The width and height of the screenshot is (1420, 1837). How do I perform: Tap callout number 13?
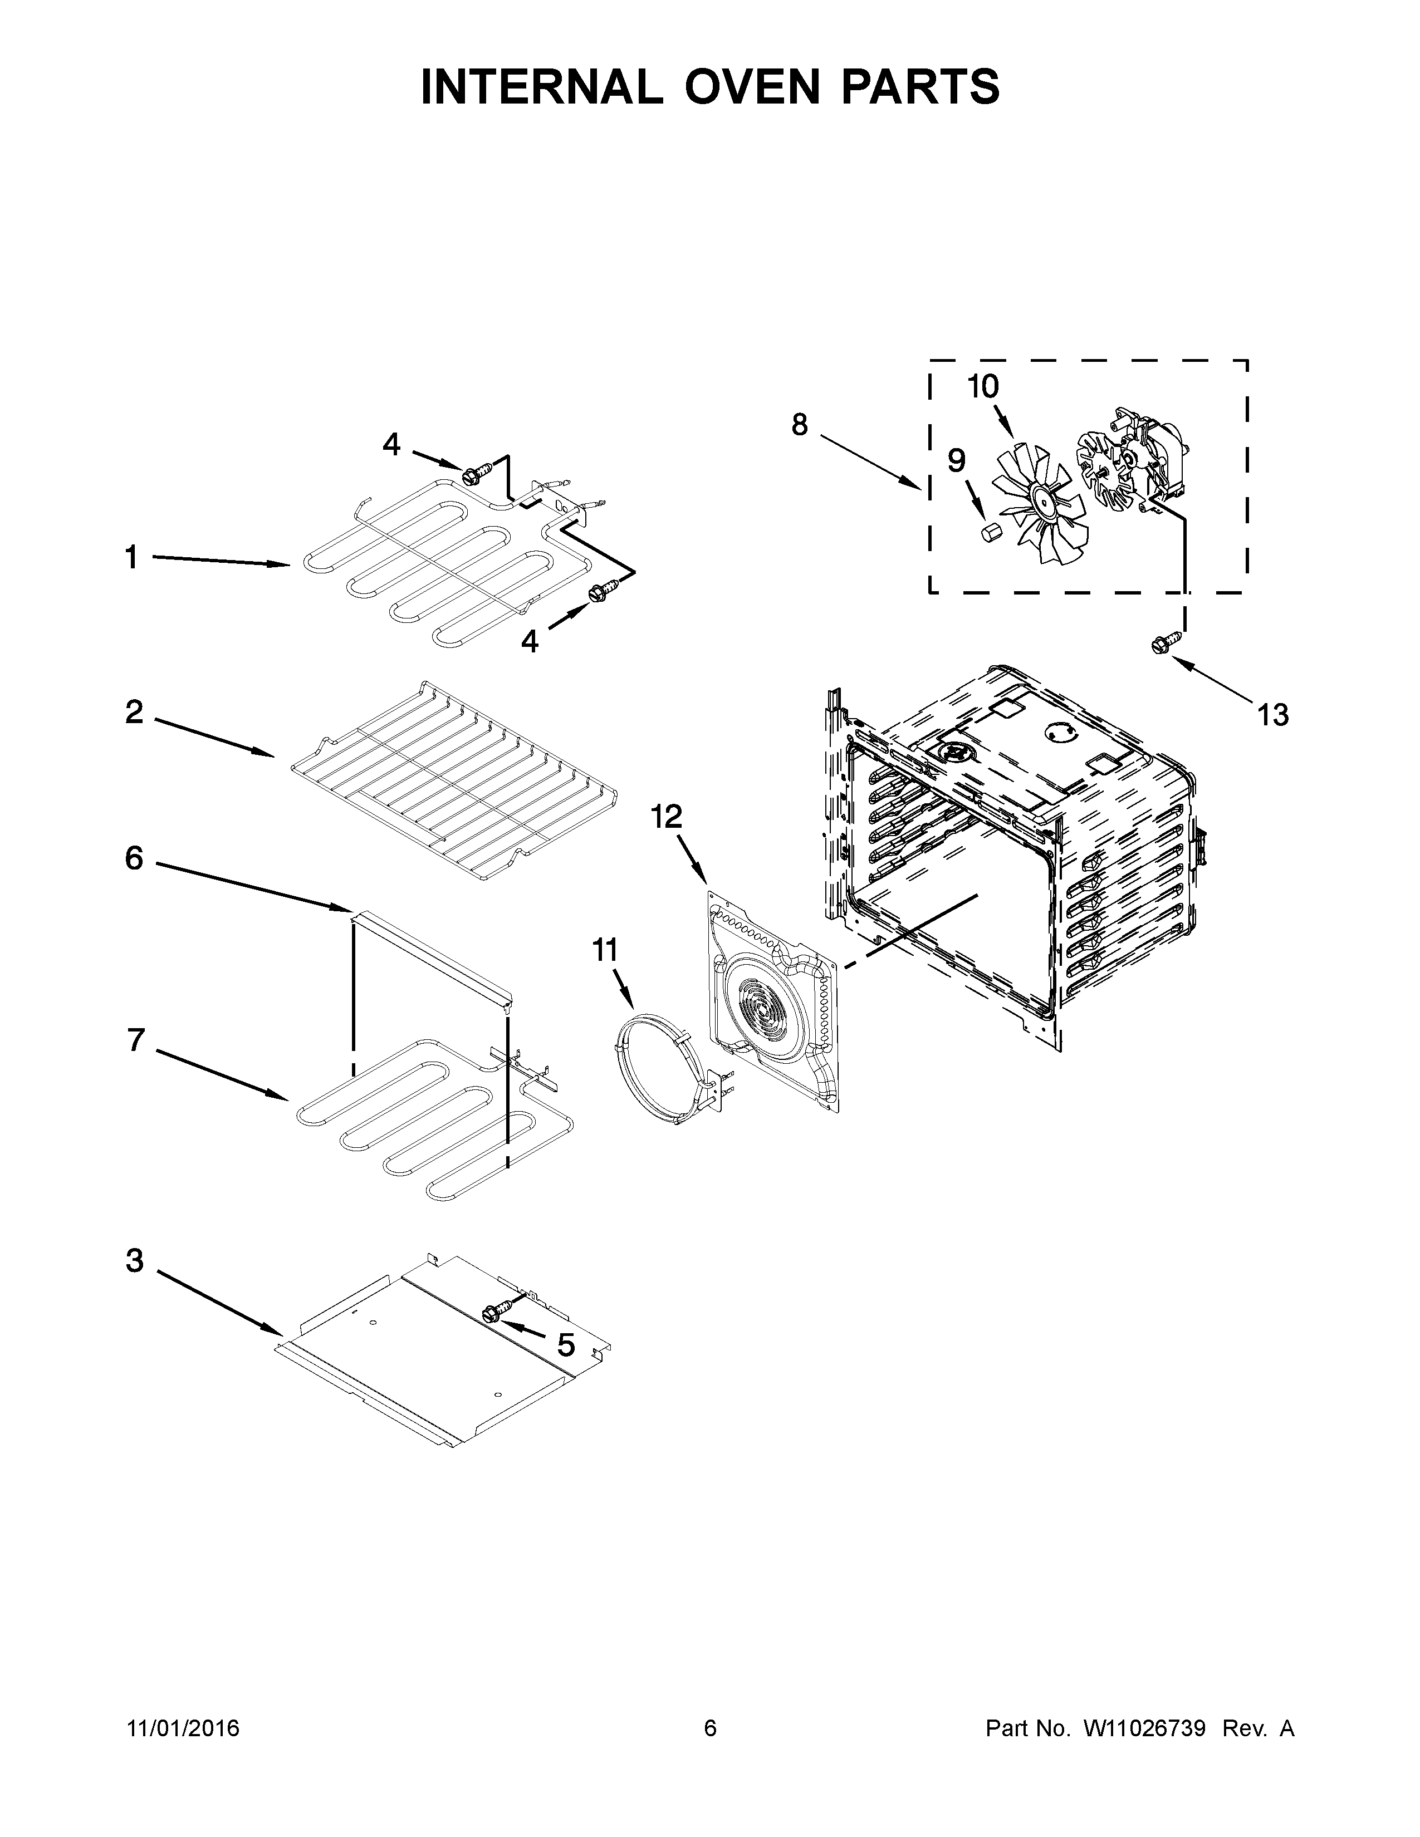coord(1273,715)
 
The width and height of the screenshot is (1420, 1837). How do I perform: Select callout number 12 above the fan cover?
coord(667,816)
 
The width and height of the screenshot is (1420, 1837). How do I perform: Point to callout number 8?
coord(799,425)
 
